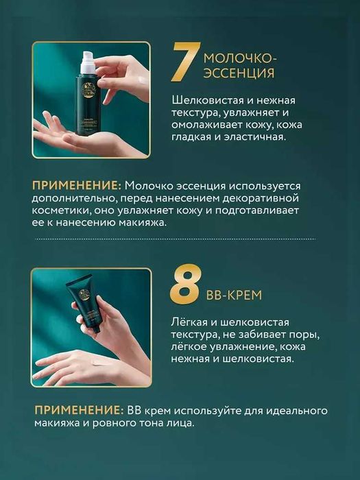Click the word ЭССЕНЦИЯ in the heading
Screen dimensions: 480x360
point(239,73)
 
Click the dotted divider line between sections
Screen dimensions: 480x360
point(180,240)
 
